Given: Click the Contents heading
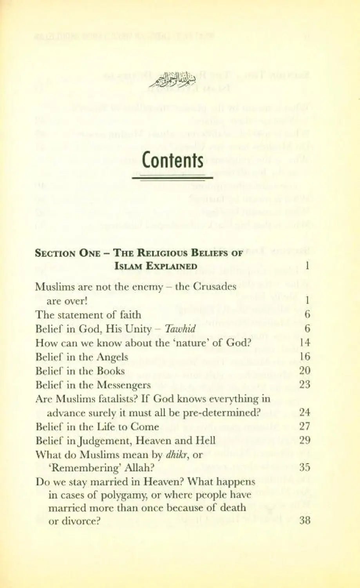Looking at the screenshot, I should pyautogui.click(x=172, y=160).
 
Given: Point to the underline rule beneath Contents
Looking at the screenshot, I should pyautogui.click(x=172, y=178).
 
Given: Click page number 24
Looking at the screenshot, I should pyautogui.click(x=304, y=413).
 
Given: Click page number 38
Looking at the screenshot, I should pyautogui.click(x=304, y=521).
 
